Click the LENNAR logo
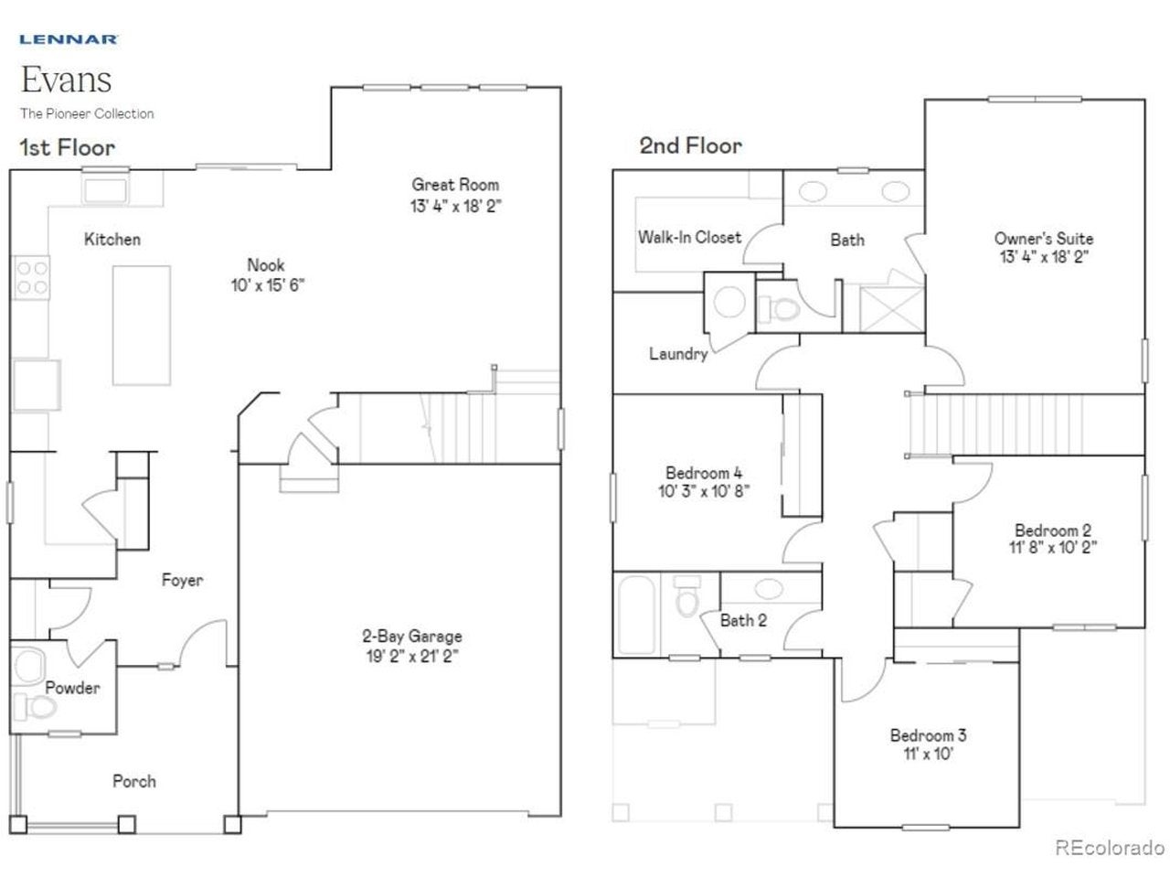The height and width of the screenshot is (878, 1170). pos(69,39)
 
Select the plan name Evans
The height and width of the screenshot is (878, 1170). pos(66,80)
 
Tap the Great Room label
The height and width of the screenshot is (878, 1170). pos(455,185)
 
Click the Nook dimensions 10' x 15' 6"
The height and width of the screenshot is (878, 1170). pos(268,285)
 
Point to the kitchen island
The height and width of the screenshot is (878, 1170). pos(142,326)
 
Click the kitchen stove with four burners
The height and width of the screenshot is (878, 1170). pos(31,277)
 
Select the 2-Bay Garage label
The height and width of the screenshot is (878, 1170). pos(412,636)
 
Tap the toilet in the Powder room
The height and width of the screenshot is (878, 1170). pos(36,707)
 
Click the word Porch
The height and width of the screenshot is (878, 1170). pos(134,781)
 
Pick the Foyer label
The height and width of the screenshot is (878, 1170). pos(182,580)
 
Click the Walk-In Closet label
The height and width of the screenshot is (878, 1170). pos(690,237)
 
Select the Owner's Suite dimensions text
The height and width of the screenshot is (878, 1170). pos(1044,257)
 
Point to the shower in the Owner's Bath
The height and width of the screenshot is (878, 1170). pos(891,308)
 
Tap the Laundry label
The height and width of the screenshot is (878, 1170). pos(678,353)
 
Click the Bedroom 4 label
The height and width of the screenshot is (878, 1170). pos(704,473)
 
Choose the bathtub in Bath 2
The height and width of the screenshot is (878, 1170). pos(636,615)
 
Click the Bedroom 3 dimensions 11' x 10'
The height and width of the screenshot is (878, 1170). pos(928,754)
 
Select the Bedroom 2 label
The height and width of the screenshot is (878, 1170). pos(1053,530)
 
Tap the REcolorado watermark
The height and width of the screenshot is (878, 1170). pos(1110,848)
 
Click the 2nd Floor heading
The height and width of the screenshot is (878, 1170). pos(690,145)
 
